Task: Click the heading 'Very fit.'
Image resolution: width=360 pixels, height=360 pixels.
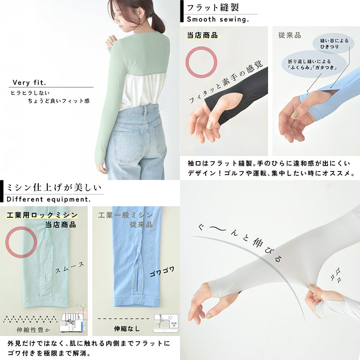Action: pos(29,82)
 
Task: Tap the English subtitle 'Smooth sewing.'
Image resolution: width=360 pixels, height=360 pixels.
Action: pos(218,19)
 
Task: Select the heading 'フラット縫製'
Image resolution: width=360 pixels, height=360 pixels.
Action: pos(213,8)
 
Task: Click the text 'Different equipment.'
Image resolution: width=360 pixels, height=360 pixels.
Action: pos(49,199)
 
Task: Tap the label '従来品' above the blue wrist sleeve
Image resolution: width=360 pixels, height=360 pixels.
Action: pos(289,35)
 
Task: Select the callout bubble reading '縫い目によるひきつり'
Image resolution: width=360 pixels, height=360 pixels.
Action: pos(333,44)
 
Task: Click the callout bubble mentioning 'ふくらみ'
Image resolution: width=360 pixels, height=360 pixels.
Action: pos(314,64)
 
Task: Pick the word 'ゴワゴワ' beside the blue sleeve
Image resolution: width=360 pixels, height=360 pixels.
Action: pos(162,271)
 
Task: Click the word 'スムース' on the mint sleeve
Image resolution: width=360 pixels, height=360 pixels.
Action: pos(70,268)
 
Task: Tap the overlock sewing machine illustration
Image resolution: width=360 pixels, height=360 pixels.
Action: pos(73,320)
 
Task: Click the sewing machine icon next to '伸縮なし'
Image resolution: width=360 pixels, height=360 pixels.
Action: pos(166,323)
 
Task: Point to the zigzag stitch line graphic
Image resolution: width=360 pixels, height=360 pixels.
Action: pos(30,319)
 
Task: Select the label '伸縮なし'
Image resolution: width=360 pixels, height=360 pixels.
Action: pos(127,328)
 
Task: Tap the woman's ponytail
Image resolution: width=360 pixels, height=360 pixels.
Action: pos(158,23)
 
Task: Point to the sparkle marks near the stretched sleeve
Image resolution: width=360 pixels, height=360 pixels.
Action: pos(336,274)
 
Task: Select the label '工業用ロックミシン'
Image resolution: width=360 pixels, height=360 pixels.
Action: pos(42,215)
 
